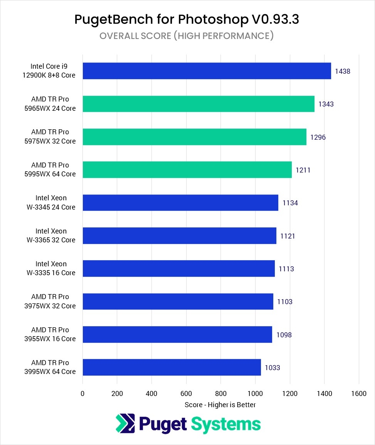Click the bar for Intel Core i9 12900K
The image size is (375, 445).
[207, 71]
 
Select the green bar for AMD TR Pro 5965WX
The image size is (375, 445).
[198, 104]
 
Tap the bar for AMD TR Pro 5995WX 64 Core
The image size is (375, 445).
[187, 170]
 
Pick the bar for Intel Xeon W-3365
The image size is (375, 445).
[179, 235]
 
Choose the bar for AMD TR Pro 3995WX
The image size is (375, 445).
[172, 367]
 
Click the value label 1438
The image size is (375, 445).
[342, 71]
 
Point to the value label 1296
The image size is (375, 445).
[318, 137]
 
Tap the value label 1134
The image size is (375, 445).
[290, 203]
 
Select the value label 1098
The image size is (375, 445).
[284, 335]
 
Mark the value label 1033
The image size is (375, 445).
[272, 368]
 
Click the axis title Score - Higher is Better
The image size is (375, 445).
[220, 405]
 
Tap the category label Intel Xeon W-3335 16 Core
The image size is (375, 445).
[55, 268]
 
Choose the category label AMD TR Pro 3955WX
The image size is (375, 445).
[54, 334]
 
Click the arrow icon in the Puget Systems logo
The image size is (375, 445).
[125, 423]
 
